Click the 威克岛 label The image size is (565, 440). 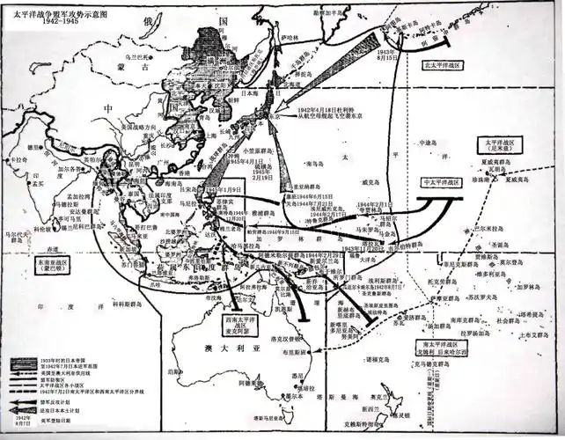pyautogui.click(x=374, y=183)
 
